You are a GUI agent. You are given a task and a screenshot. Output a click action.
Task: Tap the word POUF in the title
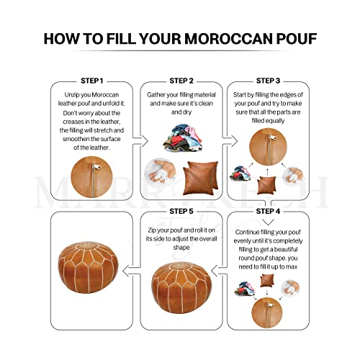pos(295,38)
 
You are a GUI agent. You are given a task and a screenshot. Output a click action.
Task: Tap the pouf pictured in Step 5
pos(180,287)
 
